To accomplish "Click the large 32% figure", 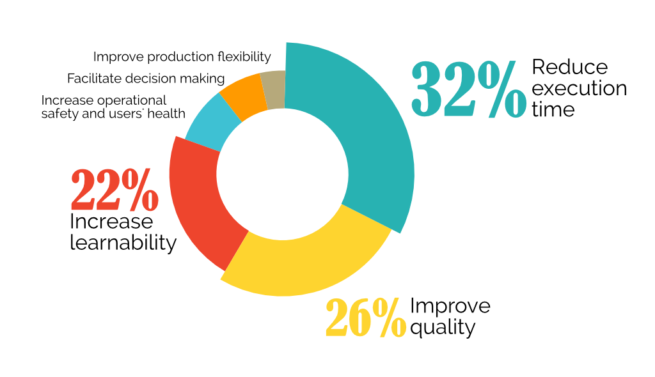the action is pos(469,89).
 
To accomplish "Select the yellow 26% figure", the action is pos(366,318).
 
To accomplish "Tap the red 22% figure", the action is pos(114,190).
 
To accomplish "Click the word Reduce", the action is pos(570,67).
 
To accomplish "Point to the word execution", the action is pos(580,89).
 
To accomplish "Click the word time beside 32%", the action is pos(553,109).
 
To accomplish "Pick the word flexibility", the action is pos(243,57).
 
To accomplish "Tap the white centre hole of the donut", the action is pos(282,174).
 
